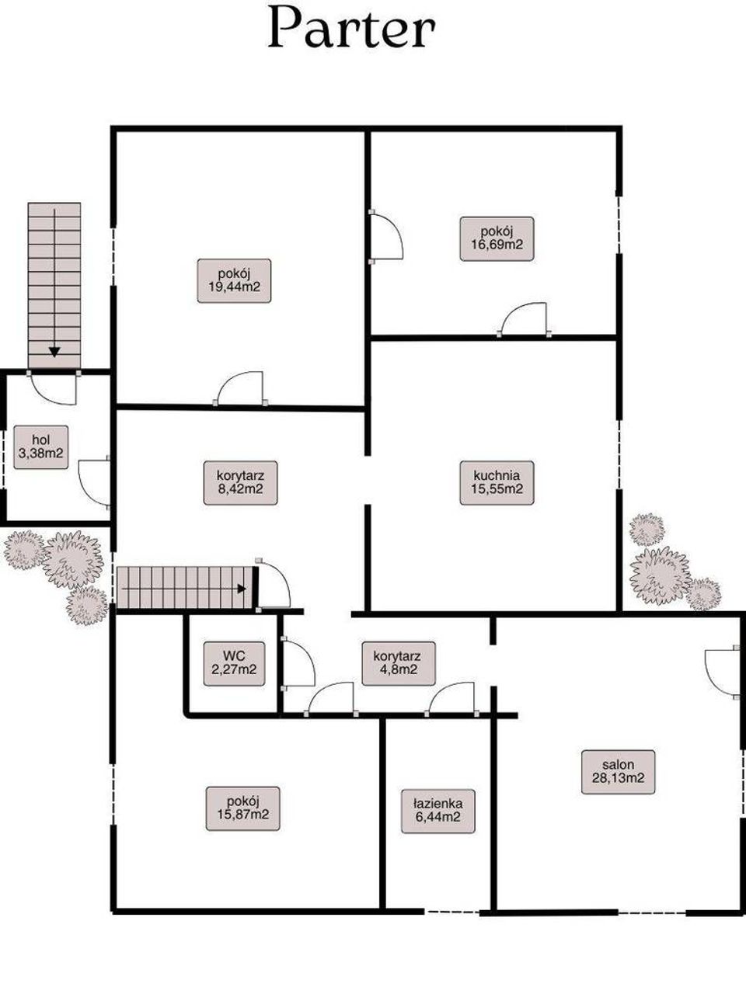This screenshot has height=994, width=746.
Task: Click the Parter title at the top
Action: (351, 28)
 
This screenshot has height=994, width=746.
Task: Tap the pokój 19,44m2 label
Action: (234, 281)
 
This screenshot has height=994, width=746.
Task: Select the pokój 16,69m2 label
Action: (497, 238)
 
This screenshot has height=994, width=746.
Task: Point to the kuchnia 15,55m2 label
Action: (497, 483)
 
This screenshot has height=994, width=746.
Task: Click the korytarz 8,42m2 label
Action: (241, 483)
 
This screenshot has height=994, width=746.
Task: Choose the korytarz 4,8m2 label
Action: (399, 663)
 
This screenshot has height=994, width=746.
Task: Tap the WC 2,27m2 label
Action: (234, 663)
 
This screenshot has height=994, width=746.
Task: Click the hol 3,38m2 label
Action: (41, 447)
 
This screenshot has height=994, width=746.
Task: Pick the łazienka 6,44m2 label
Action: (438, 811)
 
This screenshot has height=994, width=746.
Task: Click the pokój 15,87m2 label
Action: (242, 808)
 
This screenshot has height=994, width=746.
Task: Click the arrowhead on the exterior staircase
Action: (55, 352)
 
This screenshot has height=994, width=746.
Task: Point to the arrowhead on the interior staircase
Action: (242, 589)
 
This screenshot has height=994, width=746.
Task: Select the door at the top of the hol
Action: (54, 388)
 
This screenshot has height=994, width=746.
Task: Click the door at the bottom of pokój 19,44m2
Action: (240, 388)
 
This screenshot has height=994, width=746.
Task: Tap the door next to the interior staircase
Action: (274, 584)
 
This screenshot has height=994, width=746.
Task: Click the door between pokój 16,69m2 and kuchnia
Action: (525, 318)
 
